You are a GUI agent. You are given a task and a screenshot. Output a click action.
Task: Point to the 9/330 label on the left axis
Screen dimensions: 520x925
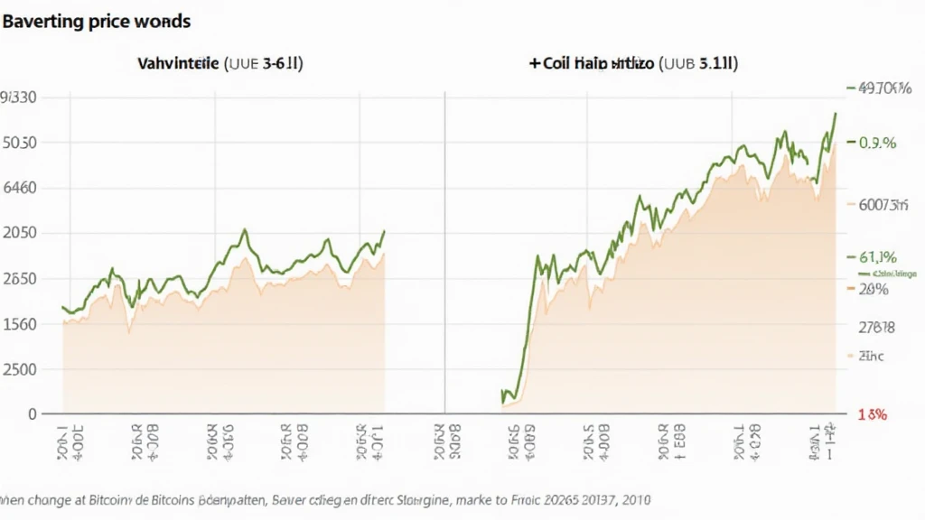coord(18,97)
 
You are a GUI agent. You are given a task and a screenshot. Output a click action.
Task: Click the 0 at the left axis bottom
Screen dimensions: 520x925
coord(32,413)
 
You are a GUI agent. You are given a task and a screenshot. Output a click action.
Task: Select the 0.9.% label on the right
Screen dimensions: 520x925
coord(877,143)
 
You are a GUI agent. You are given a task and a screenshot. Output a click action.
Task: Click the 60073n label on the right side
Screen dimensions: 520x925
coord(882,204)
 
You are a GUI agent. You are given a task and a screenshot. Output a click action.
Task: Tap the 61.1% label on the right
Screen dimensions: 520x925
coord(877,255)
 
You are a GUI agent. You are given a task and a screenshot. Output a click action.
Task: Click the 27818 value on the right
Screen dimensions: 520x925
coord(875,327)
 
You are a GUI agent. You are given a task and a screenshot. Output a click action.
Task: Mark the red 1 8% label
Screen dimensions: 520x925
coord(872,415)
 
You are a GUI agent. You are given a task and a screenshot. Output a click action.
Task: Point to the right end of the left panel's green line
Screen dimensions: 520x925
coord(384,231)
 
